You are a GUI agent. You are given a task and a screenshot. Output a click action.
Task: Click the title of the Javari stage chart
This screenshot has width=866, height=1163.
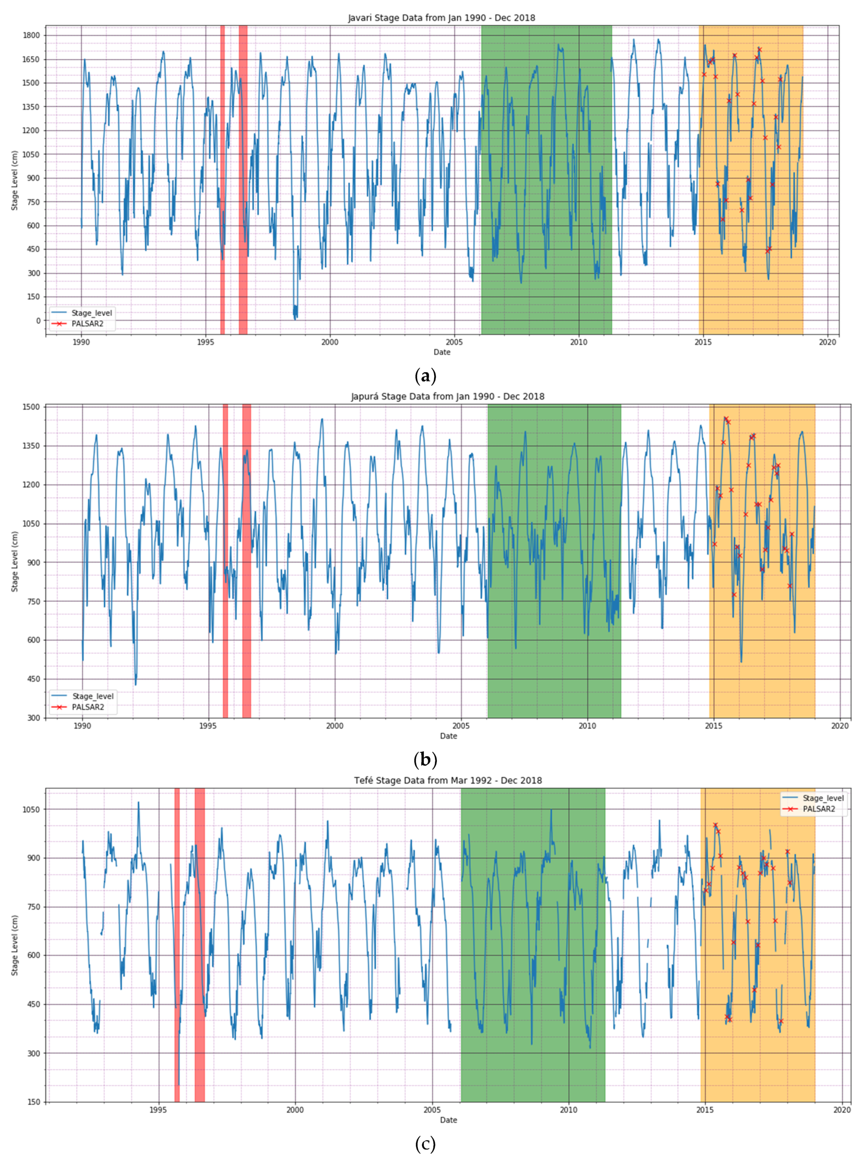coord(441,18)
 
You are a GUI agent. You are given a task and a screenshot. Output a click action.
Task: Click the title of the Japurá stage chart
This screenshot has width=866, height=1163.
coord(448,397)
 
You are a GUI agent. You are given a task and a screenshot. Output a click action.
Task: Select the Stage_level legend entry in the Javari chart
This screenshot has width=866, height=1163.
coord(92,313)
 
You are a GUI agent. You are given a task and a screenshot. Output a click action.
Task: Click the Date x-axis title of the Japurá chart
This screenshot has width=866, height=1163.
coord(448,736)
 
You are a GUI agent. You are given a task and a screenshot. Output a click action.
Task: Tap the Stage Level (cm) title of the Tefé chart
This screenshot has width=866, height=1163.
coord(15,945)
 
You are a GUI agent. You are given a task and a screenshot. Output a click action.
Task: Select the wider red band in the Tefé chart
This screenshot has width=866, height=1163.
coord(200,943)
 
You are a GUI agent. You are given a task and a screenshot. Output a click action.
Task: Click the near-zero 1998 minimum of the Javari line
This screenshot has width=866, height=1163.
coord(295,316)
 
